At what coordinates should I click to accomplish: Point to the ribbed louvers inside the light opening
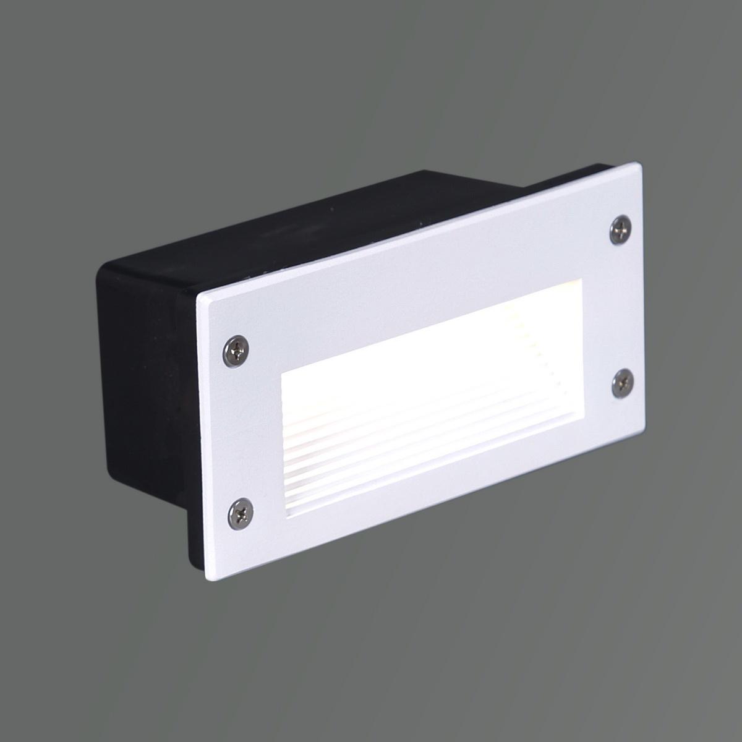point(396,445)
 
